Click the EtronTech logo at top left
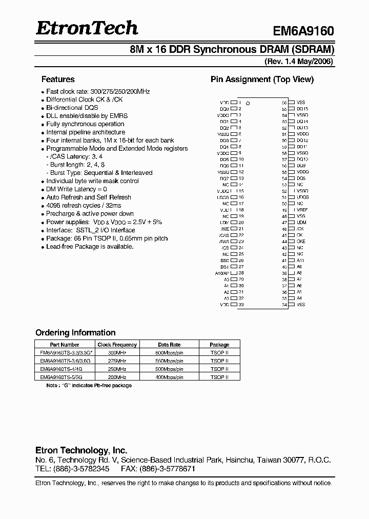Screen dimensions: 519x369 pyautogui.click(x=87, y=28)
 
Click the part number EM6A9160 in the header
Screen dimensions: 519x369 pyautogui.click(x=303, y=31)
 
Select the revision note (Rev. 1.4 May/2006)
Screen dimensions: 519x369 pyautogui.click(x=299, y=62)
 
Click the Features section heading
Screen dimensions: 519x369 pyautogui.click(x=57, y=79)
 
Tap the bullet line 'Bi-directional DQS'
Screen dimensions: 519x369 pyautogui.click(x=72, y=108)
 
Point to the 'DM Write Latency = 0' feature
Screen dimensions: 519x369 pyautogui.click(x=76, y=189)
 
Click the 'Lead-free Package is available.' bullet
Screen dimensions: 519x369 pyautogui.click(x=90, y=247)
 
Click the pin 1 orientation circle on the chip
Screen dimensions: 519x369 pyautogui.click(x=248, y=103)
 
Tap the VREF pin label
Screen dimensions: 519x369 pyautogui.click(x=302, y=210)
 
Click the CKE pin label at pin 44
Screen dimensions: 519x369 pyautogui.click(x=300, y=241)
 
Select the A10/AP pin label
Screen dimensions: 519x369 pyautogui.click(x=222, y=273)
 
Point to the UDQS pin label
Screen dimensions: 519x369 pyautogui.click(x=302, y=197)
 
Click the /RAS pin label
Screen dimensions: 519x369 pyautogui.click(x=223, y=241)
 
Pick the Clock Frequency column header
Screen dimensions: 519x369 pyautogui.click(x=117, y=345)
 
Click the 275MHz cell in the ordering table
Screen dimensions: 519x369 pyautogui.click(x=117, y=361)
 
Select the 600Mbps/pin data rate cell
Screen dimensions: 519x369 pyautogui.click(x=170, y=353)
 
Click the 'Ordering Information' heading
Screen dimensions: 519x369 pyautogui.click(x=75, y=333)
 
